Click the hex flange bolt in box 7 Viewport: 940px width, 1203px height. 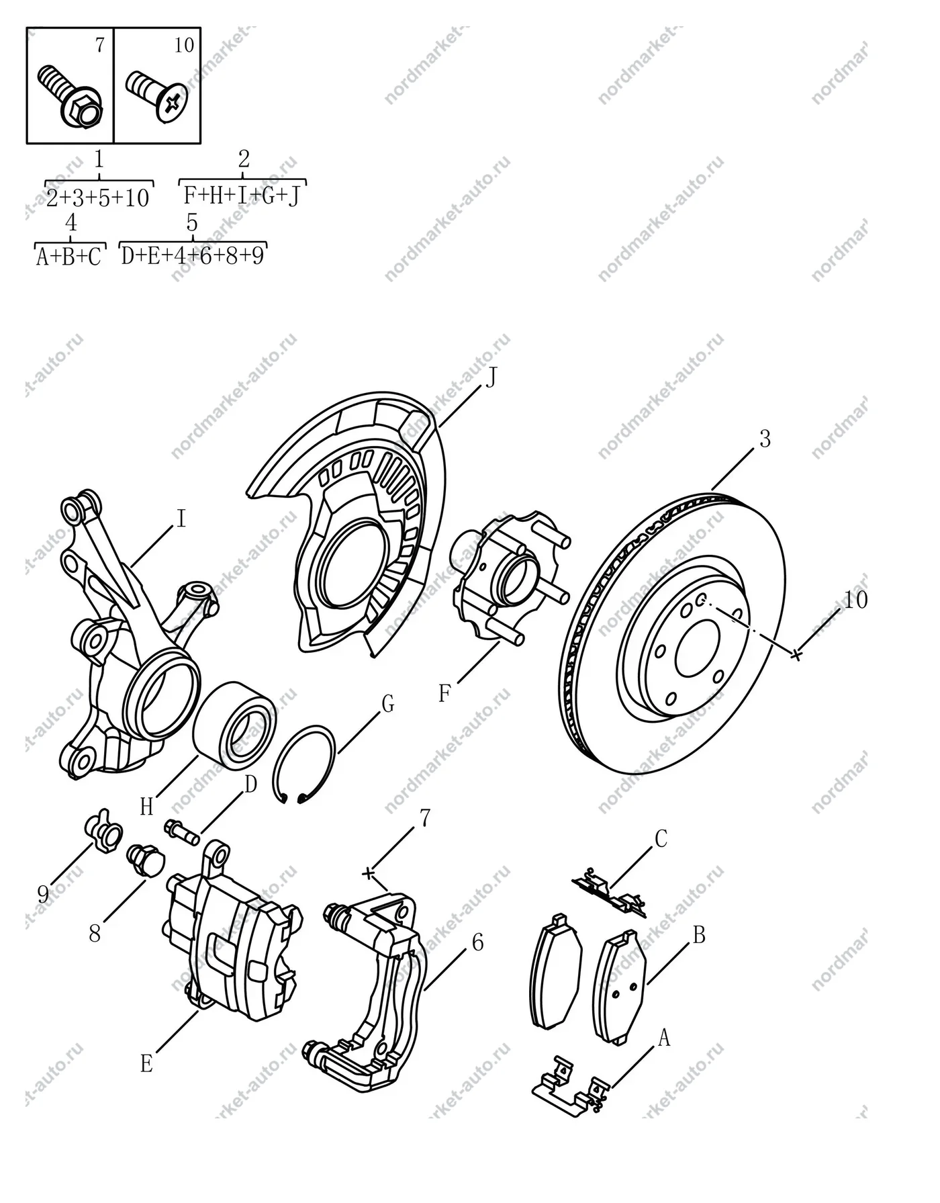coord(70,96)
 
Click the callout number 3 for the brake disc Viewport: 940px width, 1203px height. coord(765,439)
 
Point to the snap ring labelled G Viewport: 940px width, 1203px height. coord(304,764)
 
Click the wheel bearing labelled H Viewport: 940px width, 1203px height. coord(235,725)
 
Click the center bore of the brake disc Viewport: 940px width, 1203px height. coord(698,649)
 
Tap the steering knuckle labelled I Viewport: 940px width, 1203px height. coord(134,638)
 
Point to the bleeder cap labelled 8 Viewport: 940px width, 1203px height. coord(144,861)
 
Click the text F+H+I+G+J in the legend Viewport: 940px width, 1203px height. coord(242,195)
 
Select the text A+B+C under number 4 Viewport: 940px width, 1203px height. coord(68,257)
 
